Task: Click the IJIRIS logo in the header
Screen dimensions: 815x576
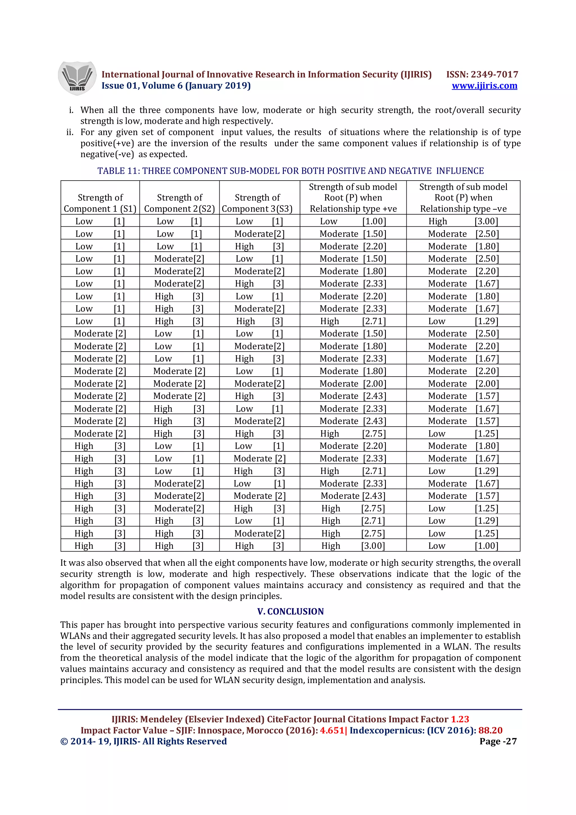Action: tap(77, 78)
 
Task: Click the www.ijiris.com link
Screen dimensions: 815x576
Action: tap(484, 85)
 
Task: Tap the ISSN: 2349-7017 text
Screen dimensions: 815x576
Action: tap(482, 74)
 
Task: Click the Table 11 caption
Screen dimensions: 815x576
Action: tap(290, 171)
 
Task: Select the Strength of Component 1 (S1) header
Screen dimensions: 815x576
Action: tap(100, 203)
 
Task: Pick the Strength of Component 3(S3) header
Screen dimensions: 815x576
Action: tap(257, 203)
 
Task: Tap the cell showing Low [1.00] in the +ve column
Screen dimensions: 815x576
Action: tap(353, 221)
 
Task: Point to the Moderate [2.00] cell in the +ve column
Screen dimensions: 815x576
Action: tap(353, 383)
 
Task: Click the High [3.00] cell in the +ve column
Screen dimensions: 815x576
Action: tap(353, 546)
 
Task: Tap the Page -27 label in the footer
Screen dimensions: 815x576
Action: tap(498, 741)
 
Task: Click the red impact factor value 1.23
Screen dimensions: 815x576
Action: tap(460, 719)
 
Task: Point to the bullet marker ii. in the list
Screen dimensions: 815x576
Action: tap(70, 132)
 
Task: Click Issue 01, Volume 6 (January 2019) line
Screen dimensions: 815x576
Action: tap(176, 85)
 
